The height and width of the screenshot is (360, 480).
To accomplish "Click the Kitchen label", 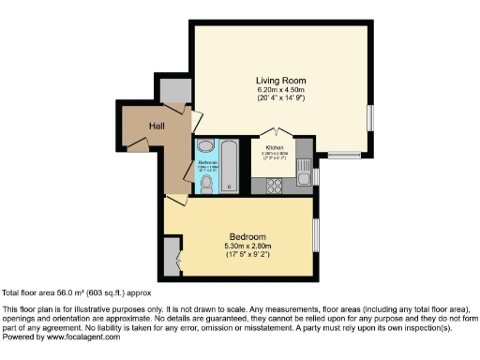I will tap(275, 148).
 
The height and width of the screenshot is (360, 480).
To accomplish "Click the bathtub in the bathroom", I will tap(230, 168).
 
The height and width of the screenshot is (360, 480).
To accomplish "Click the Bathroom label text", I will tap(207, 160).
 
